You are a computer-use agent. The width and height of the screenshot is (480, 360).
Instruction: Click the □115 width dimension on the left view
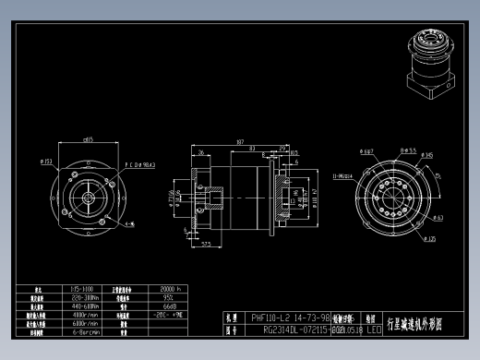[x=89, y=140]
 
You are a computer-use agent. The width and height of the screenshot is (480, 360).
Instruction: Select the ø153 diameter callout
[x=48, y=162]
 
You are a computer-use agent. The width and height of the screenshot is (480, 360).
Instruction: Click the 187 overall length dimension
[x=239, y=142]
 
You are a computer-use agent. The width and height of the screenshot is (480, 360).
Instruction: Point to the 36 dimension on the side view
[x=201, y=152]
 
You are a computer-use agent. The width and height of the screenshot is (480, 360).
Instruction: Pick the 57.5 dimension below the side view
[x=209, y=244]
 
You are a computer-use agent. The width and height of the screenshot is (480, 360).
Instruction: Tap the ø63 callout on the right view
[x=412, y=218]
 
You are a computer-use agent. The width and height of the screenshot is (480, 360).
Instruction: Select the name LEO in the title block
[x=374, y=329]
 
